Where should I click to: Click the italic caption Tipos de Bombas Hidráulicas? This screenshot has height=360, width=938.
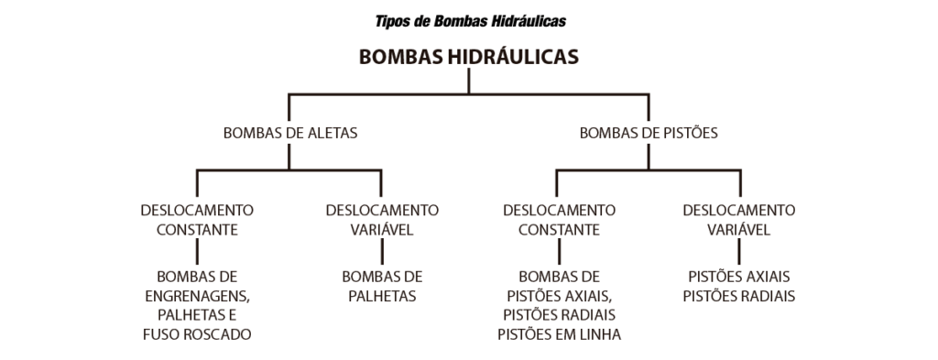pyautogui.click(x=470, y=22)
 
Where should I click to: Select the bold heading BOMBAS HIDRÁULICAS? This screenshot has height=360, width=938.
pyautogui.click(x=469, y=57)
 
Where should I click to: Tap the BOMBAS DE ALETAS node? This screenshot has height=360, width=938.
pyautogui.click(x=290, y=133)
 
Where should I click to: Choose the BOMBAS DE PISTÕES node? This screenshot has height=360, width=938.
pyautogui.click(x=649, y=133)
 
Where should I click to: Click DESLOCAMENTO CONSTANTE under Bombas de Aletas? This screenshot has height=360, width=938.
pyautogui.click(x=197, y=220)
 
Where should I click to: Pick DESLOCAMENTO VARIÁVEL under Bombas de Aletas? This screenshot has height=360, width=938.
pyautogui.click(x=382, y=220)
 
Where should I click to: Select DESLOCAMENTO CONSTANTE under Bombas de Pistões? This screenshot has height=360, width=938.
pyautogui.click(x=559, y=220)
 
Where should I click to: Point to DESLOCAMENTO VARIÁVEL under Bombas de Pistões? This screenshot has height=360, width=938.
pyautogui.click(x=739, y=220)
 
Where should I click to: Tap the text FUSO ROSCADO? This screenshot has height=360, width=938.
pyautogui.click(x=197, y=334)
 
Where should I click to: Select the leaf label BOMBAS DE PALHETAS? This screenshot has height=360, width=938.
pyautogui.click(x=382, y=287)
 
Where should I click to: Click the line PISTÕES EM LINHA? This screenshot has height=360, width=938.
pyautogui.click(x=559, y=334)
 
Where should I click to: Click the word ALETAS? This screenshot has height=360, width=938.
pyautogui.click(x=333, y=133)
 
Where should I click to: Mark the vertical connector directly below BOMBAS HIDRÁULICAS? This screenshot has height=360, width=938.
pyautogui.click(x=469, y=82)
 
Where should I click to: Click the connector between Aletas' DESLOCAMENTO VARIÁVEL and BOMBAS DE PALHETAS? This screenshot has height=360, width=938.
pyautogui.click(x=382, y=252)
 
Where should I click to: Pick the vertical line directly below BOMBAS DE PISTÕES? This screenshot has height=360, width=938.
pyautogui.click(x=649, y=157)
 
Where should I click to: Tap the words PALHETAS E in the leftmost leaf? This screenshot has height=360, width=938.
pyautogui.click(x=197, y=315)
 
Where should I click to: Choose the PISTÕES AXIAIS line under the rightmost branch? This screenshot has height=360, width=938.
pyautogui.click(x=739, y=277)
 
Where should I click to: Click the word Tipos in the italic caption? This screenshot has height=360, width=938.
pyautogui.click(x=393, y=22)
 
